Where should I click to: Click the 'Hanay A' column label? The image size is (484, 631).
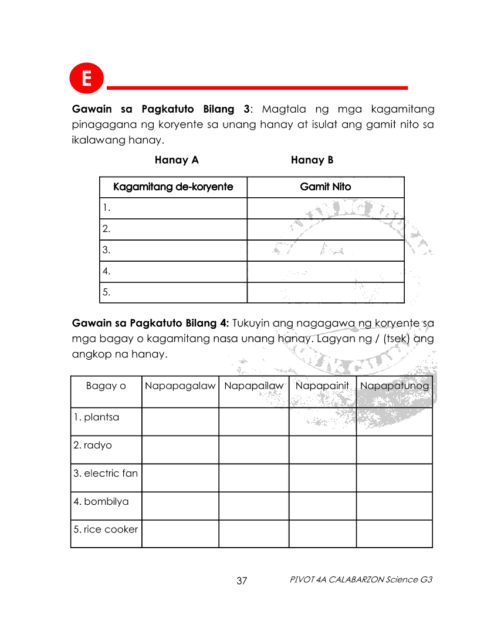(x=177, y=160)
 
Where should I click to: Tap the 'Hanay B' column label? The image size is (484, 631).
(x=312, y=160)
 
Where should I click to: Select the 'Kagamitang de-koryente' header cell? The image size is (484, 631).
(x=173, y=187)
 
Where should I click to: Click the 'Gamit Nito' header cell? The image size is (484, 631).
(x=326, y=187)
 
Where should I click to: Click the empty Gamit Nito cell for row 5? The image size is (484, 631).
(x=326, y=292)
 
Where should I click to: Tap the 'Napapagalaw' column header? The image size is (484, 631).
(x=180, y=386)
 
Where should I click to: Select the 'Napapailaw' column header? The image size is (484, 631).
(x=253, y=386)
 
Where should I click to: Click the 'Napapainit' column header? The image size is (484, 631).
(x=322, y=386)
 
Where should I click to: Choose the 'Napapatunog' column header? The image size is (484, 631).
(x=394, y=386)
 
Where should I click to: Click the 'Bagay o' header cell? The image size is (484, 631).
(x=106, y=386)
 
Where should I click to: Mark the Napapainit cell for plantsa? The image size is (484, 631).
(x=322, y=421)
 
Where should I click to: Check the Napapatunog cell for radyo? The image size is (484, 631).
(x=394, y=450)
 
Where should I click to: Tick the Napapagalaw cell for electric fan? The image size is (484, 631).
(x=180, y=478)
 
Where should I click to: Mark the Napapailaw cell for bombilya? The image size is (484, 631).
(x=253, y=505)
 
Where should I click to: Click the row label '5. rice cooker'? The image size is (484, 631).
(x=106, y=529)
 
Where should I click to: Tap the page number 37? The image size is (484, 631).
(x=242, y=581)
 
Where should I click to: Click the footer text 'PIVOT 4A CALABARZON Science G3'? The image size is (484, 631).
(x=361, y=579)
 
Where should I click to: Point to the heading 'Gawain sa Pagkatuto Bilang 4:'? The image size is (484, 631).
(x=151, y=323)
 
